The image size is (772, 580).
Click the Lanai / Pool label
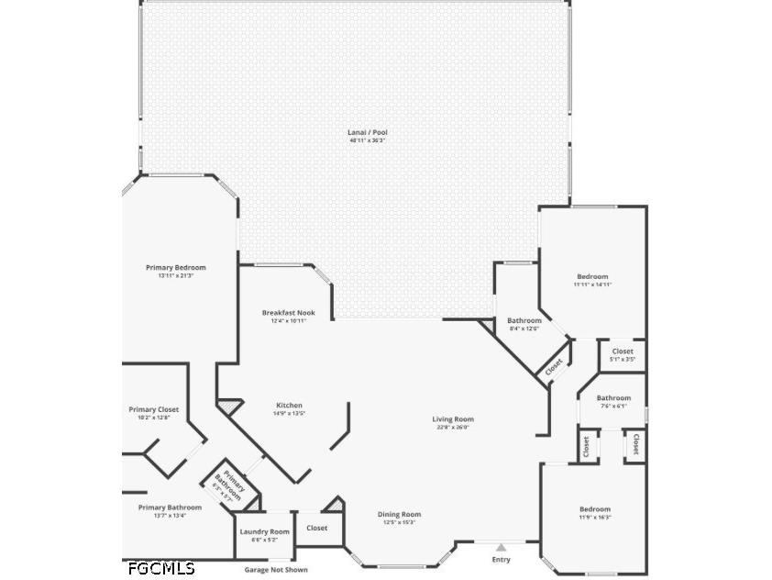(368, 132)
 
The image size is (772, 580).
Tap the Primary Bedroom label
(175, 268)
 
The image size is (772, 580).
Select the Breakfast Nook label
(289, 313)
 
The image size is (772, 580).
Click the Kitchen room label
(289, 406)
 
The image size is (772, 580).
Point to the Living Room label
(453, 419)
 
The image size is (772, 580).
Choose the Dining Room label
(399, 515)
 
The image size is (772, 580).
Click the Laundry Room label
(264, 532)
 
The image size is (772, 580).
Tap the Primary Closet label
(154, 410)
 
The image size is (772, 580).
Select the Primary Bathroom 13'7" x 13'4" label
(170, 507)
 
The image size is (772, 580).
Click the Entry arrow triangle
(501, 548)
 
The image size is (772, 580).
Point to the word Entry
(501, 560)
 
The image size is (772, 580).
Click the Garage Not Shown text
(276, 570)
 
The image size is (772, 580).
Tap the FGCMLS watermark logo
(161, 568)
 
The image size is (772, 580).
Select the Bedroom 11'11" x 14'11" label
(592, 277)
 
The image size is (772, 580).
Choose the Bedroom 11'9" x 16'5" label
(594, 509)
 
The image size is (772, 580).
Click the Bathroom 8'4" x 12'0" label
(524, 321)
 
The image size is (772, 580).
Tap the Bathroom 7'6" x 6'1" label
(613, 398)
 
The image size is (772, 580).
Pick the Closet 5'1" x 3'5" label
(623, 351)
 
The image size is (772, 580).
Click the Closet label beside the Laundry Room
(317, 528)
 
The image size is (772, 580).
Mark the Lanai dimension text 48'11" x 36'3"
(368, 140)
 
